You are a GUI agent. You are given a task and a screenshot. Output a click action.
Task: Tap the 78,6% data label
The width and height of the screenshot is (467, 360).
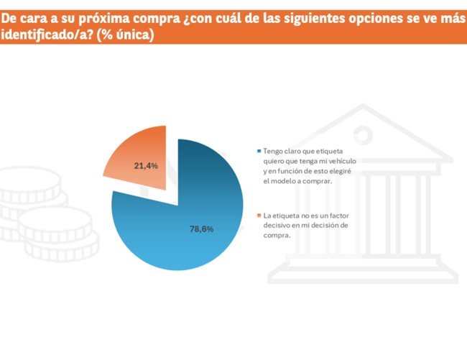[x=201, y=229]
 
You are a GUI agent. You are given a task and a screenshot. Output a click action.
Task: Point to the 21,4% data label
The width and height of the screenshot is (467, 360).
[x=146, y=166]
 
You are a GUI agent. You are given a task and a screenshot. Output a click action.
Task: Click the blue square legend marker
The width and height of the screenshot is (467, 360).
[x=259, y=152]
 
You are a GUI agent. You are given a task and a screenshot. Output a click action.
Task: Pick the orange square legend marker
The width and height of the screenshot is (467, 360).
[x=259, y=216]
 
